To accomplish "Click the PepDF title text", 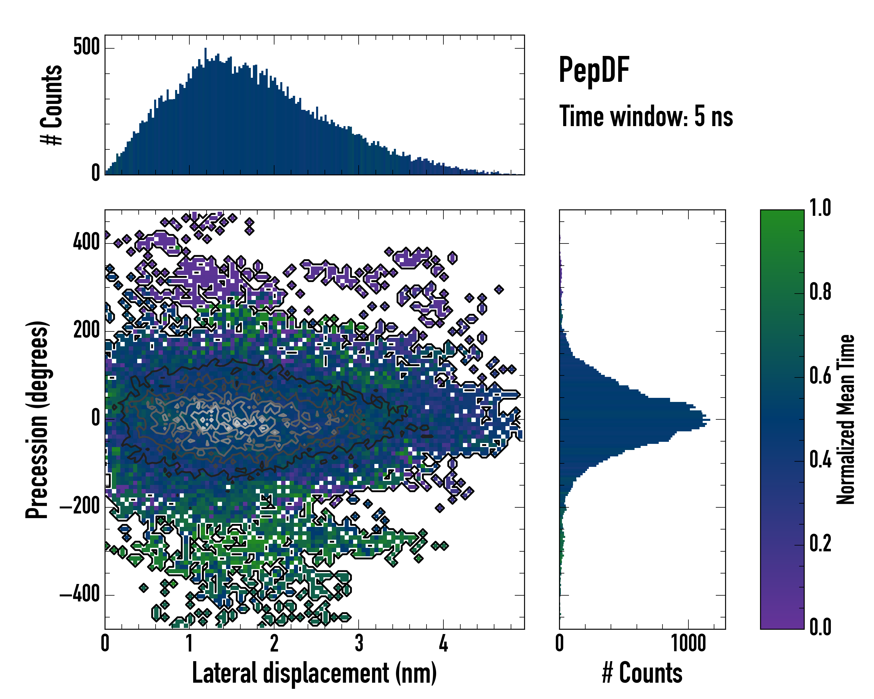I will (x=593, y=70).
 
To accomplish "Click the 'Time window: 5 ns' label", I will (x=646, y=116).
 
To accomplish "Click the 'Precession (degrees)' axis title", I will (x=37, y=419).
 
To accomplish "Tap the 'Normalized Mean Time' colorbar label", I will (x=846, y=419).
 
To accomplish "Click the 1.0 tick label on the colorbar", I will (x=820, y=208).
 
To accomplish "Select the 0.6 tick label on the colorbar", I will (x=820, y=376).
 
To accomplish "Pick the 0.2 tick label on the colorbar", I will (x=820, y=543).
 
